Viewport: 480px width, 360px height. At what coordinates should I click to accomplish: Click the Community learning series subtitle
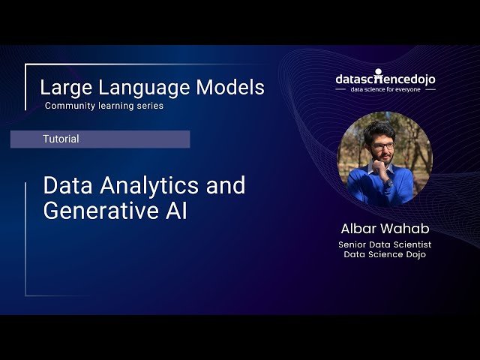pyautogui.click(x=103, y=106)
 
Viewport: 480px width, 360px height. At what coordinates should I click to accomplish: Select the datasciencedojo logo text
pyautogui.click(x=385, y=79)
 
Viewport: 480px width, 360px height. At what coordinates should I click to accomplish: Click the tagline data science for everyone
pyautogui.click(x=385, y=89)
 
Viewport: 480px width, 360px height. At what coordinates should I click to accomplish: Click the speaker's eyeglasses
pyautogui.click(x=382, y=145)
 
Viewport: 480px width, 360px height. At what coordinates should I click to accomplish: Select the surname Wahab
pyautogui.click(x=406, y=228)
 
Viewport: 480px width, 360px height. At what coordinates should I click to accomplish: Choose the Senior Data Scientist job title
pyautogui.click(x=385, y=244)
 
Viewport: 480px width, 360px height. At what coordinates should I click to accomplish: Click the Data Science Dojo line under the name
pyautogui.click(x=385, y=254)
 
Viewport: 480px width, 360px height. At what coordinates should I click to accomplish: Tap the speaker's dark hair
pyautogui.click(x=381, y=129)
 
